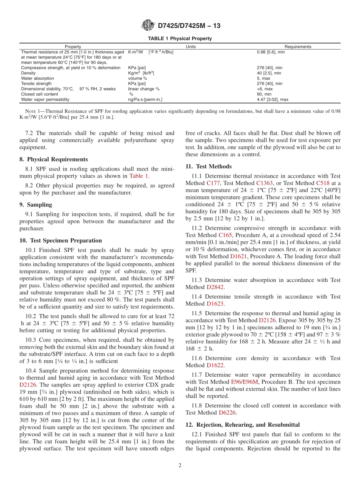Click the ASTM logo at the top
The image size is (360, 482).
click(x=147, y=25)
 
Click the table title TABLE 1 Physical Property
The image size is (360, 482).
click(x=180, y=39)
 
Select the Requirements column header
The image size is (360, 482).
click(x=297, y=47)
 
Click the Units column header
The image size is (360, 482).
click(x=191, y=47)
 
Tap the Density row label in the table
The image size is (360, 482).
click(x=28, y=73)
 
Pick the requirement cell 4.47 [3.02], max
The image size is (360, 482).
click(x=272, y=100)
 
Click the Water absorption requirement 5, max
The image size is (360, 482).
click(x=264, y=78)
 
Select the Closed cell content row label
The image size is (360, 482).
click(x=40, y=94)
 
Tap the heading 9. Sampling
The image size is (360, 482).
click(x=36, y=205)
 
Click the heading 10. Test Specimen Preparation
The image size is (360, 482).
click(x=61, y=241)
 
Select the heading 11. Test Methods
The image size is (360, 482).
click(x=208, y=166)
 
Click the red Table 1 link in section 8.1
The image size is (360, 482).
click(x=139, y=176)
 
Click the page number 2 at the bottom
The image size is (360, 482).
click(x=180, y=466)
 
